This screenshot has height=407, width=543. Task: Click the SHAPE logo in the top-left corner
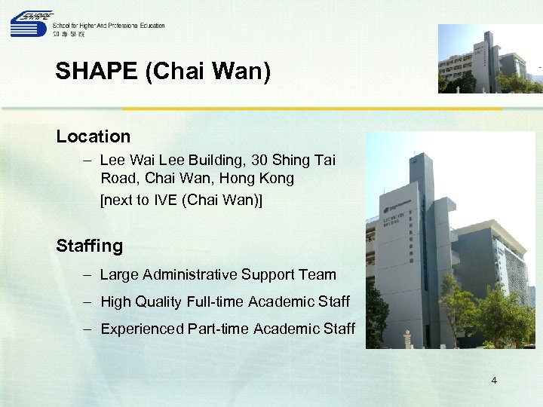pos(31,24)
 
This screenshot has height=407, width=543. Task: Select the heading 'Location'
pos(93,136)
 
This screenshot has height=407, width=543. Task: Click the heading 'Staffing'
pos(89,246)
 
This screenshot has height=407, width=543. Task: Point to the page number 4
pos(494,381)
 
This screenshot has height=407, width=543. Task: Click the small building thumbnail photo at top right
pos(489,59)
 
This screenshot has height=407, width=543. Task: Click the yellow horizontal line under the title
pos(312,109)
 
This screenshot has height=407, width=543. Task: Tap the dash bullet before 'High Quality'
pos(87,301)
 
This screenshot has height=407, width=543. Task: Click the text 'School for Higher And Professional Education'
pos(109,25)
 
